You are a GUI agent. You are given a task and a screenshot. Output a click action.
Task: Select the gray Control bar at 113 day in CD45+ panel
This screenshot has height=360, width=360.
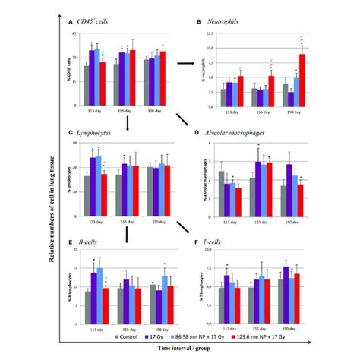pos(87,78)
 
